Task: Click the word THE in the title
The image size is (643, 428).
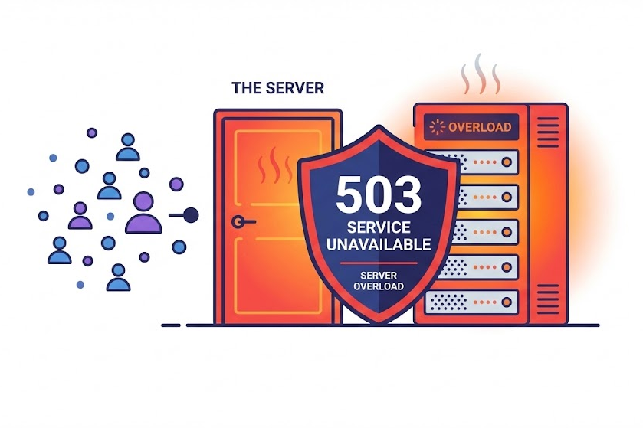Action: pos(246,88)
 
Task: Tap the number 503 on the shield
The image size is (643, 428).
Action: pos(379,194)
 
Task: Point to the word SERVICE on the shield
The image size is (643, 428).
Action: pos(379,227)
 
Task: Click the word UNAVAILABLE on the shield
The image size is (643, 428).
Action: pos(379,244)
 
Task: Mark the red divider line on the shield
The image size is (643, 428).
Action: pos(379,263)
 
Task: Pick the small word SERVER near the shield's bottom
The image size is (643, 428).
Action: pos(379,275)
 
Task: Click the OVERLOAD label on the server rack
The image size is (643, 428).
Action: pos(479,127)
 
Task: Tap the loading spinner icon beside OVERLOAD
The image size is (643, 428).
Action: pos(438,127)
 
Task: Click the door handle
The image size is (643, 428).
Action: pos(240,222)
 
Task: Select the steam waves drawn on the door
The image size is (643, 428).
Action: pos(271,167)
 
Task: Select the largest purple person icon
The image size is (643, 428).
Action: pos(143,214)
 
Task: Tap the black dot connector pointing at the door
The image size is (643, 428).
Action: pos(192,216)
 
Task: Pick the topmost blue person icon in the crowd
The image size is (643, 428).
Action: pos(128,148)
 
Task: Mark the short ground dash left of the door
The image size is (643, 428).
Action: pos(170,325)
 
